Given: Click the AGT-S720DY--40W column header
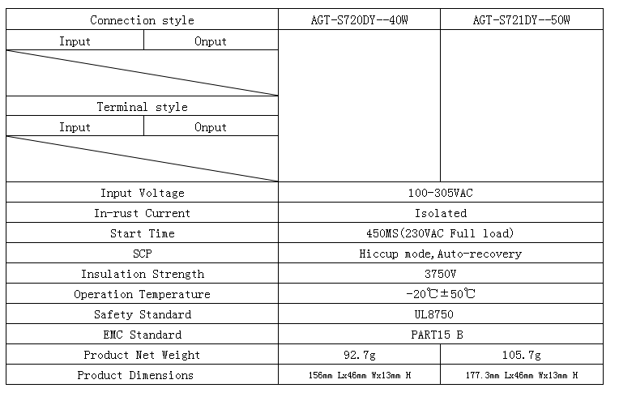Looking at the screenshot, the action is point(359,19).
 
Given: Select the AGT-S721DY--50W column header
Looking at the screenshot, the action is point(522,19).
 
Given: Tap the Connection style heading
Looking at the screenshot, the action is point(142,20).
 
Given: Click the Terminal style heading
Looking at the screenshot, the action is point(142,107).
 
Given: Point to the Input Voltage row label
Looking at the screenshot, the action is point(142,193).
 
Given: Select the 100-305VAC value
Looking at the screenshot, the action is point(441,193).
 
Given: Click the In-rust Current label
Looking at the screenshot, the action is point(142,214).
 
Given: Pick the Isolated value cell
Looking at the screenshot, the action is point(441,214).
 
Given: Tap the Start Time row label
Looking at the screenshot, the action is point(142,233).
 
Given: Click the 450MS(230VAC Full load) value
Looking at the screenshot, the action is point(441,233).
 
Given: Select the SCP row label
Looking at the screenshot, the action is point(142,254).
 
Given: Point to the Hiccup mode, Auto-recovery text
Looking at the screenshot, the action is point(441,254).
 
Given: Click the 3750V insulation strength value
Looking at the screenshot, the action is point(441,274).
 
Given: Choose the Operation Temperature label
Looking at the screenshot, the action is point(142,294).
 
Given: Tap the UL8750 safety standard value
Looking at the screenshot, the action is point(433,314).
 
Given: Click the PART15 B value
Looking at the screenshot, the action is point(437,335).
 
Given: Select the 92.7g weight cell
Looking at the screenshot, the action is point(359,355).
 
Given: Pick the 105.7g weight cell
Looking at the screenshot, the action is point(522,355).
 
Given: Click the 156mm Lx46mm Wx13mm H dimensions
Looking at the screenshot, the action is point(359,375).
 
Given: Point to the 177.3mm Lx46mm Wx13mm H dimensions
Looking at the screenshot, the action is point(522,375).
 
